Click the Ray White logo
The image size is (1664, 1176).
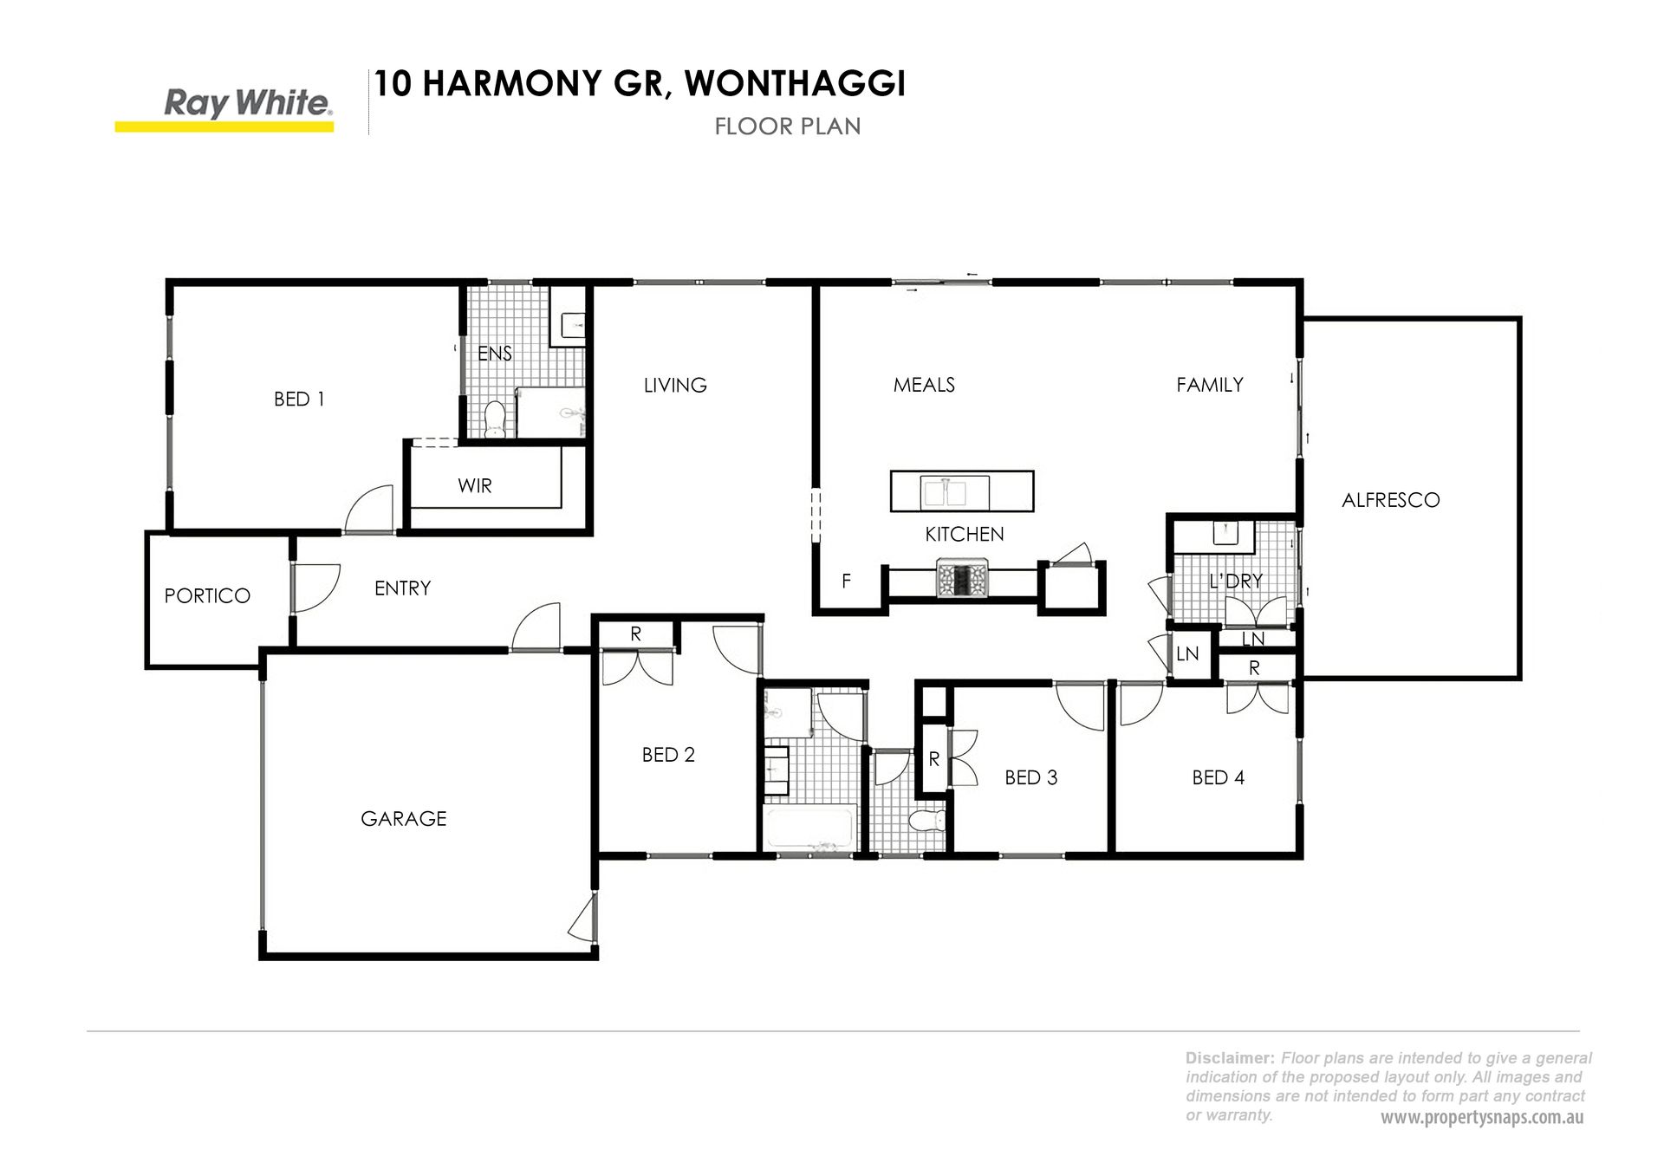click(224, 111)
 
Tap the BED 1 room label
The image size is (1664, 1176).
click(299, 400)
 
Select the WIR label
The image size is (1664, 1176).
click(475, 486)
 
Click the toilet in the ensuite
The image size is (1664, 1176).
click(495, 419)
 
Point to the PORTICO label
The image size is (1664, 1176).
click(207, 596)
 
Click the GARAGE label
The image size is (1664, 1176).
click(404, 819)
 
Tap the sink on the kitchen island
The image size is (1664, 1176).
click(944, 492)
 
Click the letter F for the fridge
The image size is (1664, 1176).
click(847, 582)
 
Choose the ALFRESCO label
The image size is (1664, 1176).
click(1391, 500)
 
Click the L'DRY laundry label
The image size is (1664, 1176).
click(1236, 582)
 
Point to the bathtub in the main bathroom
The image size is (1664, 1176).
click(809, 828)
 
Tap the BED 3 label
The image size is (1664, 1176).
click(1031, 778)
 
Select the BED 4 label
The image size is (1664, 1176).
click(1219, 778)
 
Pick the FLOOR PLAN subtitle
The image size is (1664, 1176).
click(788, 127)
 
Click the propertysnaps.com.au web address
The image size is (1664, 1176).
click(1482, 1118)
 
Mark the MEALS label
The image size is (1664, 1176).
click(924, 385)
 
